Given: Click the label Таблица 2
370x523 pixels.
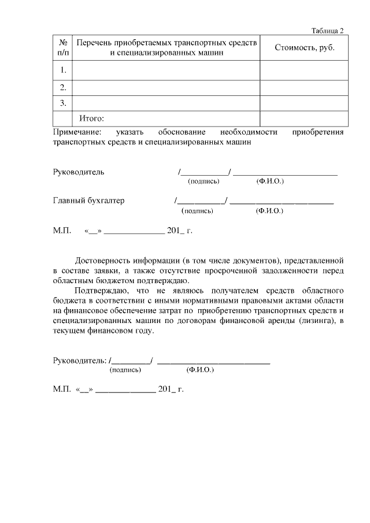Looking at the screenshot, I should pyautogui.click(x=327, y=31).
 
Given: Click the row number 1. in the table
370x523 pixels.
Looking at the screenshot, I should pyautogui.click(x=62, y=71).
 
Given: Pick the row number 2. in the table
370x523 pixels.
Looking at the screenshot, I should pyautogui.click(x=62, y=88).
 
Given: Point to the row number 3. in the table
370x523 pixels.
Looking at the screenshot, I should pyautogui.click(x=62, y=103).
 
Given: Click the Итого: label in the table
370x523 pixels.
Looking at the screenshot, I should pyautogui.click(x=91, y=119).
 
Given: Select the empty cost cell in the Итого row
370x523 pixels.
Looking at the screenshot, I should pyautogui.click(x=304, y=119).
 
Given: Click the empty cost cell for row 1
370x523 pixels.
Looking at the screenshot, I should pyautogui.click(x=304, y=71).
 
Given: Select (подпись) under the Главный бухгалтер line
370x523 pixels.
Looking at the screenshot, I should pyautogui.click(x=197, y=211).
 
